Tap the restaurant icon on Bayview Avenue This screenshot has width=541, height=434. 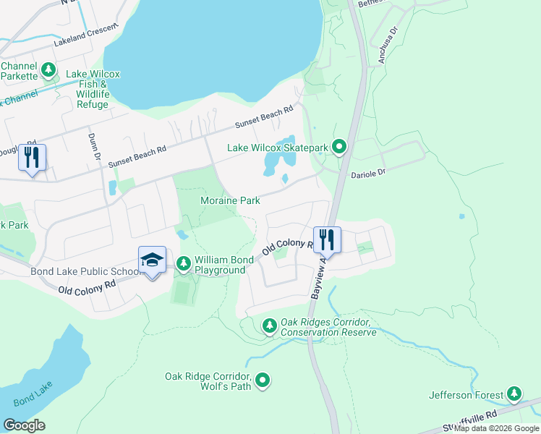point(326,239)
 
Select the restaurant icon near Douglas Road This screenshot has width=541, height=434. point(32,156)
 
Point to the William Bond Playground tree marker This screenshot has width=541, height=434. point(184,264)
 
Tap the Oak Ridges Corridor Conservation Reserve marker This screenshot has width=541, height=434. point(270,327)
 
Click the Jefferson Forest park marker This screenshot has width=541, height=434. point(514,394)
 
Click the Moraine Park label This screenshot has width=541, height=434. point(230,200)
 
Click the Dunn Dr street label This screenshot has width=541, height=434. point(93,147)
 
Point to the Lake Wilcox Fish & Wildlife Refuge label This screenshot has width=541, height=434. point(93,89)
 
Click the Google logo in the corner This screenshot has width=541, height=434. point(24,425)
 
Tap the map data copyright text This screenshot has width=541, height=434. point(496,429)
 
